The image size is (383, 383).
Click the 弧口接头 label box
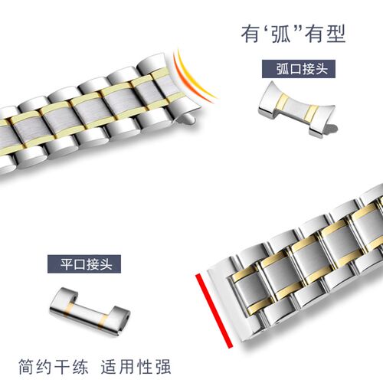point(299,69)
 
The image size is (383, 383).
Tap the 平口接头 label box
point(84,264)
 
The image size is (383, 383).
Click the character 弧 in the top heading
point(281,34)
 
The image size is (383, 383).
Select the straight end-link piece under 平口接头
point(90,311)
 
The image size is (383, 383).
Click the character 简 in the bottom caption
point(27,367)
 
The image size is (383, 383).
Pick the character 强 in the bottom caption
point(162,367)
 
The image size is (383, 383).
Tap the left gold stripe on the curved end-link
point(283,104)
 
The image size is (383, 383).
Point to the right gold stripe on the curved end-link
point(313,113)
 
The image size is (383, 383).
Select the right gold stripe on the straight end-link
point(103,322)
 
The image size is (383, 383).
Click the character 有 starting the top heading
point(250,34)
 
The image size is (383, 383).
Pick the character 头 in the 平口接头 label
point(105,264)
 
